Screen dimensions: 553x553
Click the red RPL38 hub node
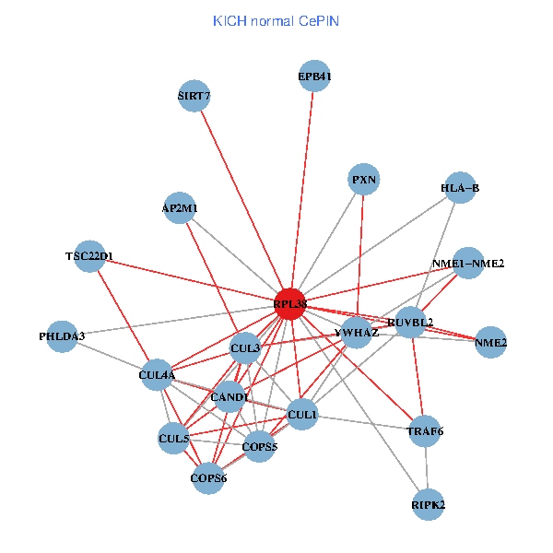290,303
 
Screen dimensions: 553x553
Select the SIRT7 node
194,96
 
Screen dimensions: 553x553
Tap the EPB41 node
314,77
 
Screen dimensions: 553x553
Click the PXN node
364,178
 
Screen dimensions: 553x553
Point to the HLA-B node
460,188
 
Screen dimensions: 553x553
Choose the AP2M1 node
179,208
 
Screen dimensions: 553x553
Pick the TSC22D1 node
89,255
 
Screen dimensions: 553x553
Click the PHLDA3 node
62,336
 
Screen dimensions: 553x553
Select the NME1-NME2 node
468,264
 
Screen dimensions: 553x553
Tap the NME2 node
491,343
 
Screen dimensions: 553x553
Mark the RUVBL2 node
410,322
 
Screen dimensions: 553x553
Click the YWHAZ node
357,333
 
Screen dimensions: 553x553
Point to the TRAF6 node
425,430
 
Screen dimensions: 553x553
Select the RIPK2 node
429,505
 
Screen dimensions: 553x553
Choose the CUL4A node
157,375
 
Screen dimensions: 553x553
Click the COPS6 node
208,477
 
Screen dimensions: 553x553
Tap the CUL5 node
174,439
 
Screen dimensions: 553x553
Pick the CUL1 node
302,416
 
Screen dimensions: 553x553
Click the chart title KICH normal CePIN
276,20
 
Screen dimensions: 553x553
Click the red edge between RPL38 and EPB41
303,184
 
